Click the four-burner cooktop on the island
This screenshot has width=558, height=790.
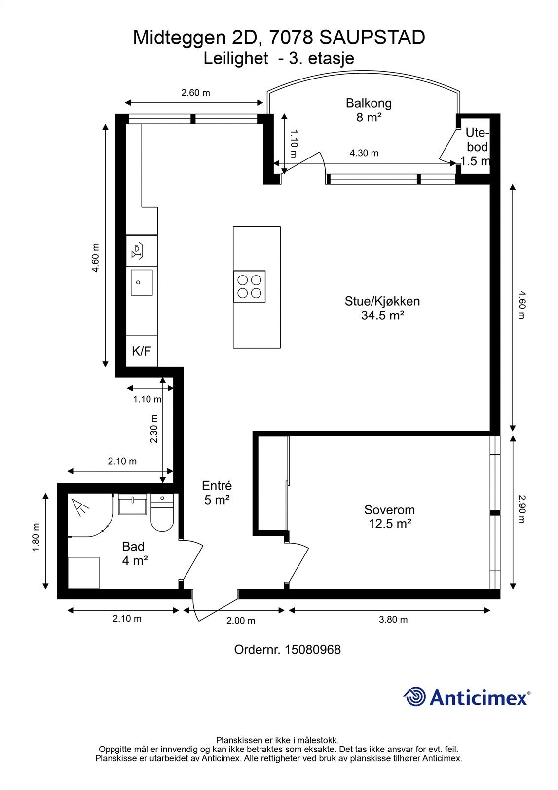pos(249,286)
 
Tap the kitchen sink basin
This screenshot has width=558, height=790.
pos(142,282)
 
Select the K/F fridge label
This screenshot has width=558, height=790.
pos(142,351)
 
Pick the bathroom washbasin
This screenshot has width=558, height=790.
pos(132,504)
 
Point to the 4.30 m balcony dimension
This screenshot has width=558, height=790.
pos(364,153)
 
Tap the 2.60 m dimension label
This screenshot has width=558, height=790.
pos(196,93)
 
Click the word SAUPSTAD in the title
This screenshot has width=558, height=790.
pos(372,38)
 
